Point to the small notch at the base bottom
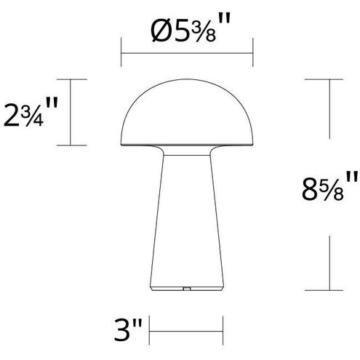pos(187,287)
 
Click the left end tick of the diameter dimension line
pos(121,53)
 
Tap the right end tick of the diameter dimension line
pos(252,53)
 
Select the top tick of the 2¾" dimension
pos(70,78)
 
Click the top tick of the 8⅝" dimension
pos(331,78)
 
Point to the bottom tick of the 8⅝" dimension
pos(331,289)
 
